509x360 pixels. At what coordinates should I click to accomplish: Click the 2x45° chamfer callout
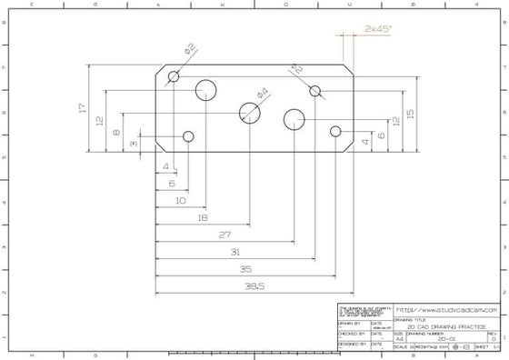click(x=377, y=30)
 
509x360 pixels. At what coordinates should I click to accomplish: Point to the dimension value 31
click(x=235, y=252)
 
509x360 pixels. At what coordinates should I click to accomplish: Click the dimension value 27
click(x=224, y=235)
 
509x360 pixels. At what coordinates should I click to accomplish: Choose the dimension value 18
click(x=202, y=217)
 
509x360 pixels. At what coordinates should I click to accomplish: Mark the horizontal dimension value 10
click(x=180, y=200)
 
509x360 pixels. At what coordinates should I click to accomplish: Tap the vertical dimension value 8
click(x=116, y=133)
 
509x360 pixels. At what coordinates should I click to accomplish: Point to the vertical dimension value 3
click(x=134, y=143)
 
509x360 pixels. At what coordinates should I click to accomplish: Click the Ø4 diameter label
click(x=263, y=92)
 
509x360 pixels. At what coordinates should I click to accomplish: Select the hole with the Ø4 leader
click(x=250, y=112)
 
